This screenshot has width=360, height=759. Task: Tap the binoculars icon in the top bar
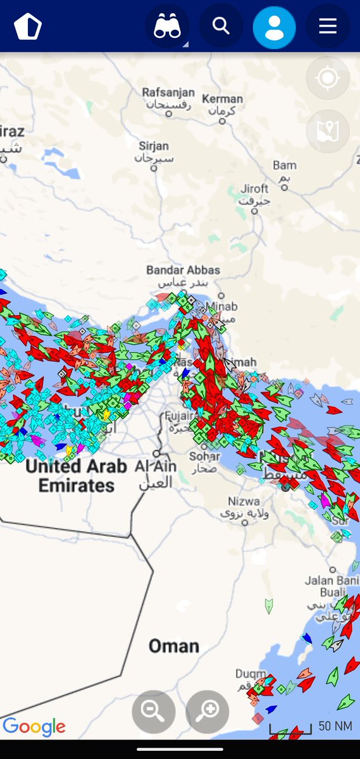[x=168, y=27]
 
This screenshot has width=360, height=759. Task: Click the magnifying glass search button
[x=221, y=26]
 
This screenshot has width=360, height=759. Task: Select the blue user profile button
[x=274, y=27]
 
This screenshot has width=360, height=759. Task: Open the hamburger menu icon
[x=327, y=26]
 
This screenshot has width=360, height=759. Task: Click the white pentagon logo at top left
[x=27, y=27]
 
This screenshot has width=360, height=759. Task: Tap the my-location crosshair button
[x=327, y=78]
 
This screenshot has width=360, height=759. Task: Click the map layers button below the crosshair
[x=327, y=131]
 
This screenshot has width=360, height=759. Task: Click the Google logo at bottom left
[x=34, y=727]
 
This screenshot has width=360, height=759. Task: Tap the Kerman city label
[x=222, y=99]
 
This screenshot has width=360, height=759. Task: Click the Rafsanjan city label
[x=168, y=93]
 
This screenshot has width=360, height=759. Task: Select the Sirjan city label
[x=154, y=147]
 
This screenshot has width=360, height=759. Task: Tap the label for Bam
[x=284, y=166]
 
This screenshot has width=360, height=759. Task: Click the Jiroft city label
[x=254, y=189]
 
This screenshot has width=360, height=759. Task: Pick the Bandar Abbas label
[x=183, y=270]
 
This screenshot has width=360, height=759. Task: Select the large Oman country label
[x=173, y=646]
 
